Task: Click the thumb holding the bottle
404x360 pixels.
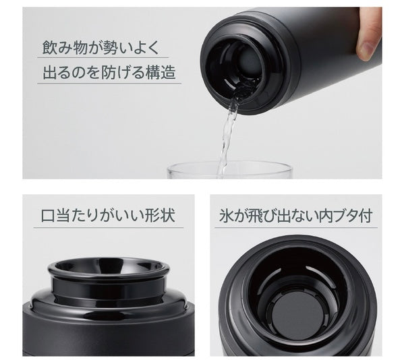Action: (369, 34)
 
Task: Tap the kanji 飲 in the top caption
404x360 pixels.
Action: (50, 47)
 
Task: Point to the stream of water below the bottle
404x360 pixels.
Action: (227, 136)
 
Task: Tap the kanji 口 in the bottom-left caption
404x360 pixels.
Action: (48, 216)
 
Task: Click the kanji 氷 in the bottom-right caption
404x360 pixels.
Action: (226, 216)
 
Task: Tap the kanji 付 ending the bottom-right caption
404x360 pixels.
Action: (366, 216)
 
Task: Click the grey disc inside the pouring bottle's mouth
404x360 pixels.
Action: (250, 63)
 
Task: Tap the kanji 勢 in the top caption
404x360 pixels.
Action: (110, 47)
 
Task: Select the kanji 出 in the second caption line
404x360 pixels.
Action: (50, 72)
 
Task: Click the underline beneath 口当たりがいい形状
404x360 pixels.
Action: (109, 228)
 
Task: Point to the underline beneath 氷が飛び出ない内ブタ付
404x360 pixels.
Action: (296, 228)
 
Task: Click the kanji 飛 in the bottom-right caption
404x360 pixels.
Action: (255, 216)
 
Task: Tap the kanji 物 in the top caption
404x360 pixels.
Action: (80, 47)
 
